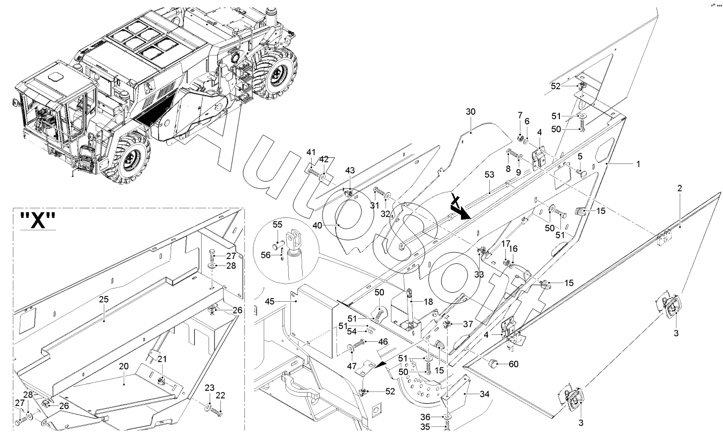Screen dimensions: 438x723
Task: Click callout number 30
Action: click(470, 113)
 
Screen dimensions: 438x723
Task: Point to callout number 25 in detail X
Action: click(104, 300)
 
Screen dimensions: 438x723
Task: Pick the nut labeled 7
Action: click(518, 127)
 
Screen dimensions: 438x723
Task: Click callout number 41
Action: click(311, 153)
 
